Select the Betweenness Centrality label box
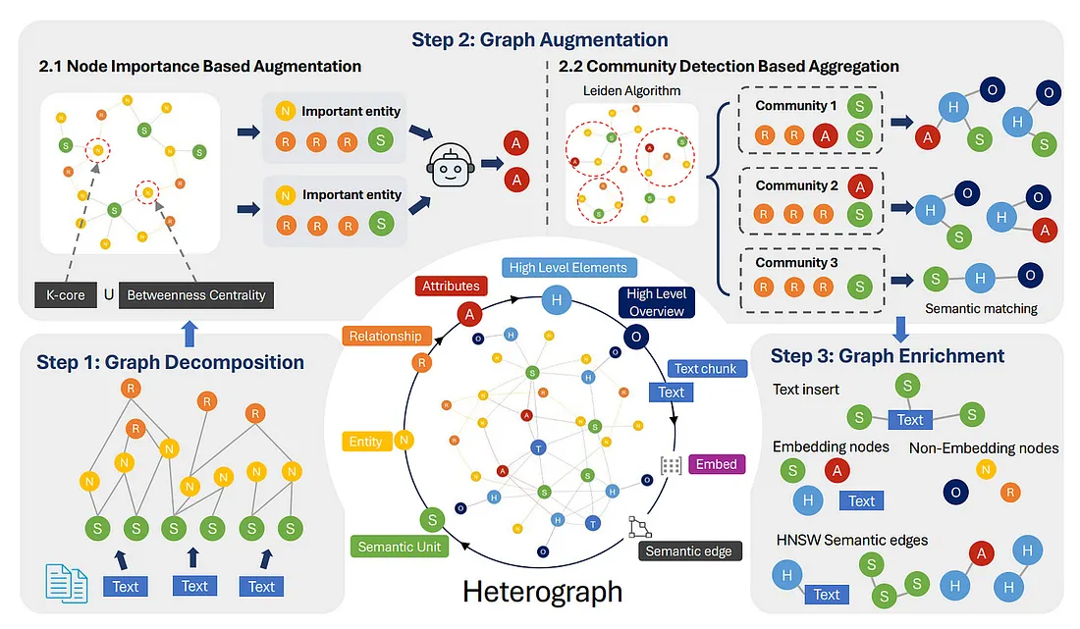point(196,293)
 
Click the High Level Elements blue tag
point(568,267)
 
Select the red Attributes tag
point(451,287)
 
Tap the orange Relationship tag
point(385,336)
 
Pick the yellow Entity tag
point(365,442)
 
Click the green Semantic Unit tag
point(400,547)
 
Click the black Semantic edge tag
point(688,550)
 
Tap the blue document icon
point(67,582)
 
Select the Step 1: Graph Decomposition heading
point(170,362)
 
